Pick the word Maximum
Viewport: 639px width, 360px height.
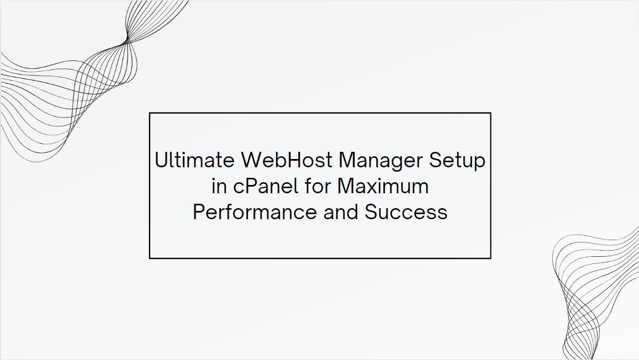[383, 186]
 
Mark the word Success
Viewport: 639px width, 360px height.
[406, 212]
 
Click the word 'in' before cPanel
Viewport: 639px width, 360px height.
[219, 186]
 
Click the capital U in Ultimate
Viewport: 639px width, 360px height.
[161, 161]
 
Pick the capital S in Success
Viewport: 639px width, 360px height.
[371, 212]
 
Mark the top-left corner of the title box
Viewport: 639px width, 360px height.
[150, 113]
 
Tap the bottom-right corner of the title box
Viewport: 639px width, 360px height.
[490, 258]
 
